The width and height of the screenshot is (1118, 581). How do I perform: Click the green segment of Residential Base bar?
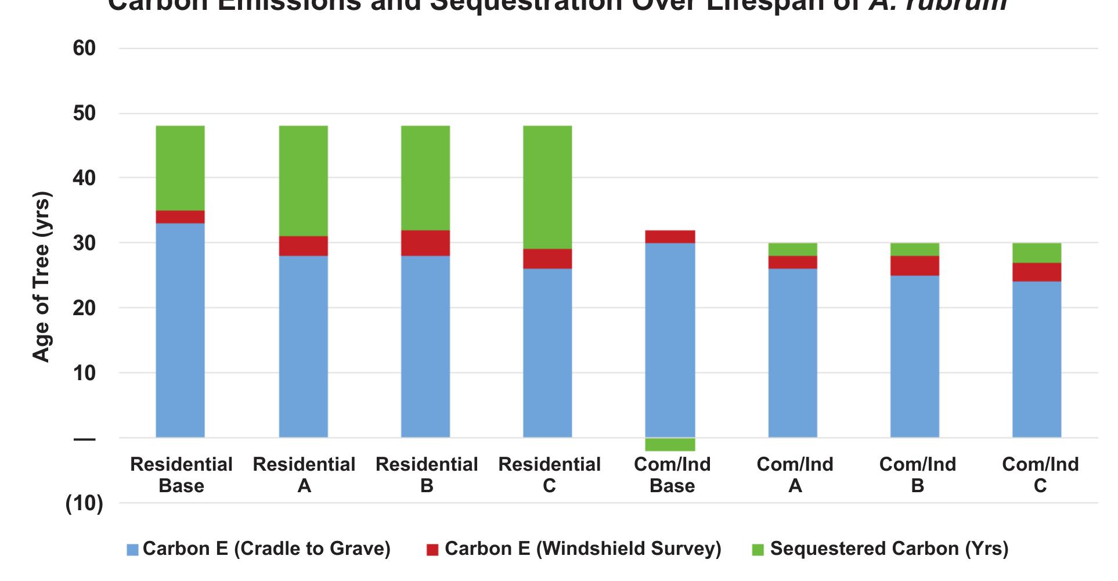[x=180, y=168]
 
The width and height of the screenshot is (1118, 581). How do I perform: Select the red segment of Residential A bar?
[x=303, y=246]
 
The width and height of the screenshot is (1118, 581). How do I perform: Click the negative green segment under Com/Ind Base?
[x=670, y=445]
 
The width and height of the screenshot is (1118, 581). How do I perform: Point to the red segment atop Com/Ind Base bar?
[x=670, y=237]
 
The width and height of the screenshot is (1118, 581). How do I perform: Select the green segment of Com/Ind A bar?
[x=792, y=249]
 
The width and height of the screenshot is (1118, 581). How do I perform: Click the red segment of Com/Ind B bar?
[x=915, y=265]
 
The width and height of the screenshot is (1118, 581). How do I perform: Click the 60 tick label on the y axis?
[x=84, y=48]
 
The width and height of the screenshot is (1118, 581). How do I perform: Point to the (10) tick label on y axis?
[x=84, y=503]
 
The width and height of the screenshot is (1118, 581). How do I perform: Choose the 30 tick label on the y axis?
[x=84, y=243]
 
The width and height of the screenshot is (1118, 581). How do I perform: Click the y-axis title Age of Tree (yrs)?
[x=42, y=276]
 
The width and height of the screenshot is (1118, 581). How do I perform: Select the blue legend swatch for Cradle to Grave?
[x=132, y=550]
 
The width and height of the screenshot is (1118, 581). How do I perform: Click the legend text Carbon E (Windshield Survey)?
[x=582, y=548]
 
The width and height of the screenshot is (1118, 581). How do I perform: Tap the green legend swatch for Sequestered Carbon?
[x=758, y=550]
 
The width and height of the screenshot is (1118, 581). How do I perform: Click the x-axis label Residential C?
[x=549, y=474]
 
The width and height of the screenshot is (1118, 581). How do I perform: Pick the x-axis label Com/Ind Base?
[x=672, y=474]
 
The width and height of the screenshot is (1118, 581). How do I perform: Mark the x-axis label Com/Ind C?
[x=1040, y=474]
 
